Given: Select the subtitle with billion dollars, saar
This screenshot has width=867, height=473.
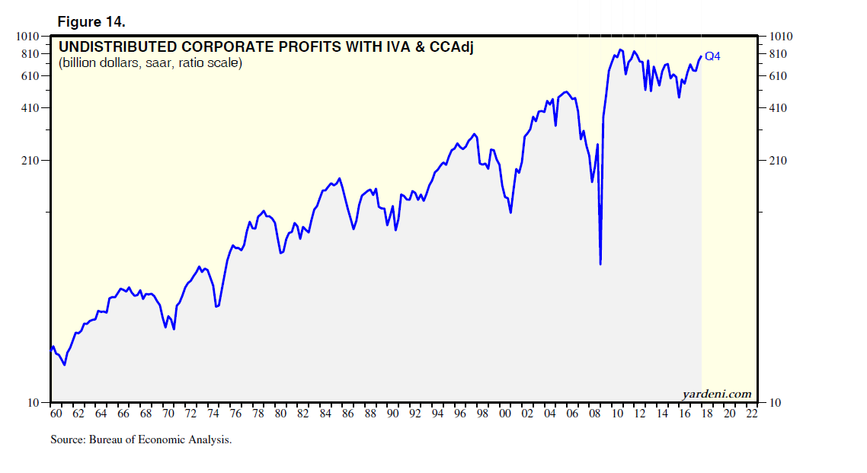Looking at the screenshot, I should pyautogui.click(x=150, y=63).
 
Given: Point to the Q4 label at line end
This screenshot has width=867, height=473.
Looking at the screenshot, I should pyautogui.click(x=712, y=56).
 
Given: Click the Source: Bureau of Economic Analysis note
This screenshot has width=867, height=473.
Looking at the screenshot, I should pyautogui.click(x=141, y=439).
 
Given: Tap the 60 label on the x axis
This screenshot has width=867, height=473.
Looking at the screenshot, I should pyautogui.click(x=56, y=414).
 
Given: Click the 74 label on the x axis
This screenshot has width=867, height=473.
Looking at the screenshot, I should pyautogui.click(x=214, y=414).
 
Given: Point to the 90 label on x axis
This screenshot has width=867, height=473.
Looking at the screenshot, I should pyautogui.click(x=393, y=414).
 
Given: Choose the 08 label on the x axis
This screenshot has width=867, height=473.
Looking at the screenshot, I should pyautogui.click(x=595, y=414).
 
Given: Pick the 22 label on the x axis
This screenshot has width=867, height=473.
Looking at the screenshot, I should pyautogui.click(x=752, y=414).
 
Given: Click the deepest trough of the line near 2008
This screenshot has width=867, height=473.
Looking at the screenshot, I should pyautogui.click(x=600, y=264).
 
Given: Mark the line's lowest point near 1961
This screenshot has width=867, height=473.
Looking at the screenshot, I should pyautogui.click(x=65, y=365).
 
